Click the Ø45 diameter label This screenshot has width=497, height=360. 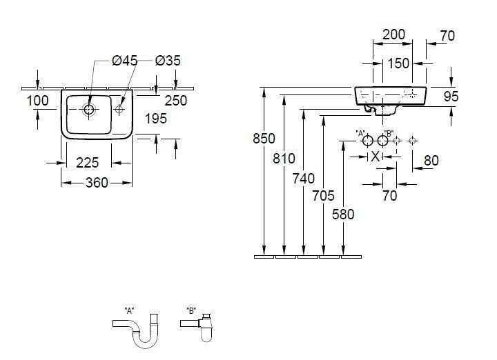pyautogui.click(x=124, y=61)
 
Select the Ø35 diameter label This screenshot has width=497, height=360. pyautogui.click(x=168, y=61)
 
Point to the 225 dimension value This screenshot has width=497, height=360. pyautogui.click(x=87, y=163)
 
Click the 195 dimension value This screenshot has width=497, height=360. pyautogui.click(x=156, y=119)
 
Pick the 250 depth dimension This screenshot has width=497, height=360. pyautogui.click(x=175, y=101)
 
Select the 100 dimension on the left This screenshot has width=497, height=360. pyautogui.click(x=37, y=101)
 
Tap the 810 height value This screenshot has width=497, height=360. pyautogui.click(x=284, y=158)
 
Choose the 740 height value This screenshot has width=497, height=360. pyautogui.click(x=304, y=179)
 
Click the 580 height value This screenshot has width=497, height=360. pyautogui.click(x=342, y=214)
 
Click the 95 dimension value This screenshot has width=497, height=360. pyautogui.click(x=451, y=97)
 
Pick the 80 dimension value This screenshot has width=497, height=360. pyautogui.click(x=431, y=160)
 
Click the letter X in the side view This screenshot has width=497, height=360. pyautogui.click(x=375, y=157)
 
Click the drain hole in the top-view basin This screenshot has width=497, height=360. pyautogui.click(x=88, y=108)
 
